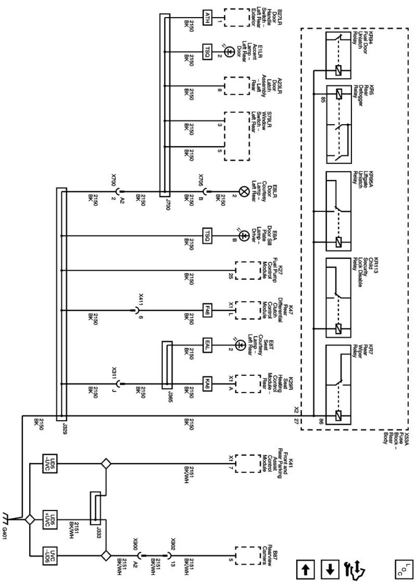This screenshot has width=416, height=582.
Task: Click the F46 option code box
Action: (x=207, y=311)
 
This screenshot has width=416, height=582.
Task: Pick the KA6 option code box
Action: (x=207, y=384)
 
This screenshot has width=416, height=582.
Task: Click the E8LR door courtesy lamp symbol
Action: (x=243, y=192)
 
